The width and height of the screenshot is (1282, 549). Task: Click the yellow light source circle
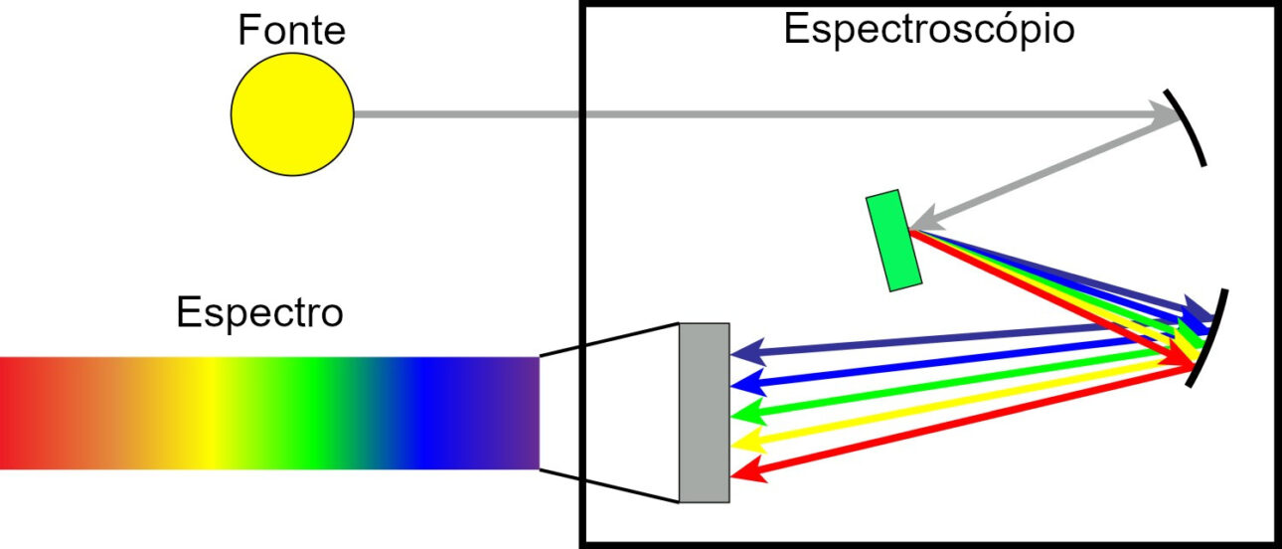tap(292, 114)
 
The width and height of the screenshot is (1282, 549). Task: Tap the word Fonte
tap(291, 31)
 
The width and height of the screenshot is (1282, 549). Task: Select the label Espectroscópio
tap(928, 29)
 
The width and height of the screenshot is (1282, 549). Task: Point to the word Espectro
tap(259, 312)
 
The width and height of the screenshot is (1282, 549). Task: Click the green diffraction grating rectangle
tap(891, 241)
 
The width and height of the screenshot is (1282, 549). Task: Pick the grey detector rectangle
tap(705, 412)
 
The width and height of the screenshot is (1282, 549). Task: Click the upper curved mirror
tap(1189, 129)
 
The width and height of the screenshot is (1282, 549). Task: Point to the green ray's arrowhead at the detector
tap(742, 412)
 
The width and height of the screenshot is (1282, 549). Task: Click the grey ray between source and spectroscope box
tap(467, 114)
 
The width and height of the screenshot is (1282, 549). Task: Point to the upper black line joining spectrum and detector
tap(608, 339)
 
